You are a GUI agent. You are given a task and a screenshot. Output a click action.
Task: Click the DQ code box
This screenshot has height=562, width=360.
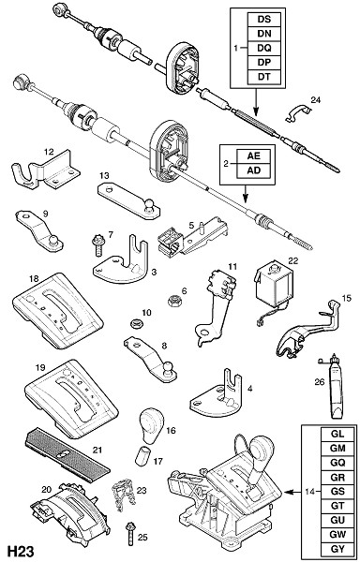click(x=264, y=48)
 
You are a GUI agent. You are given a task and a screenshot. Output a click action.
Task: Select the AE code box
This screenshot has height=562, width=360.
click(x=253, y=156)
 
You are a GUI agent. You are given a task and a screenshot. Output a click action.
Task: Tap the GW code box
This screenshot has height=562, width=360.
click(x=337, y=535)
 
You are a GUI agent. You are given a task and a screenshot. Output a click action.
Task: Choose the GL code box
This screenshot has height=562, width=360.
click(x=337, y=434)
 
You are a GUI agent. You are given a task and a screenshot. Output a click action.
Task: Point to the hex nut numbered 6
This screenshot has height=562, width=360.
click(x=173, y=300)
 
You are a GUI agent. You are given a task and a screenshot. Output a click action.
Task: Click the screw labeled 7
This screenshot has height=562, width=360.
click(x=97, y=244)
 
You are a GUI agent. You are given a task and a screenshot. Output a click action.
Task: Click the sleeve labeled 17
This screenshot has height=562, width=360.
click(x=142, y=455)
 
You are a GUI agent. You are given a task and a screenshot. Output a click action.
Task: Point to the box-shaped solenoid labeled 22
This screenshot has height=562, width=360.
click(x=275, y=282)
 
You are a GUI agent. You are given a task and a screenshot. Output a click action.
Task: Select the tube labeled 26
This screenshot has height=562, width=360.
click(x=333, y=387)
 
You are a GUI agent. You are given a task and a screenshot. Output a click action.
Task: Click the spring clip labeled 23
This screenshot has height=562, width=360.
click(x=124, y=495)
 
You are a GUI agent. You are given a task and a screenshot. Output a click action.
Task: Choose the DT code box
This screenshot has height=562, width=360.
click(x=264, y=77)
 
